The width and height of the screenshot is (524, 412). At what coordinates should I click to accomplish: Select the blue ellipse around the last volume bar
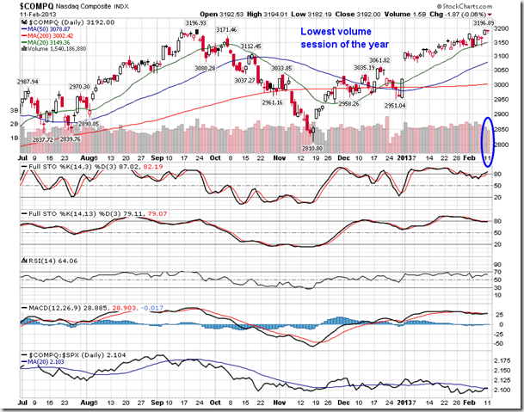(x=487, y=140)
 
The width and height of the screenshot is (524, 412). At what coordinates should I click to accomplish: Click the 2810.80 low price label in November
(x=311, y=147)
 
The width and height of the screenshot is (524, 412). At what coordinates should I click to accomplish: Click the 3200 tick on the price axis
(x=505, y=28)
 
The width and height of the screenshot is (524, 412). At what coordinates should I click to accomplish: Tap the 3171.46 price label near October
(x=225, y=30)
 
